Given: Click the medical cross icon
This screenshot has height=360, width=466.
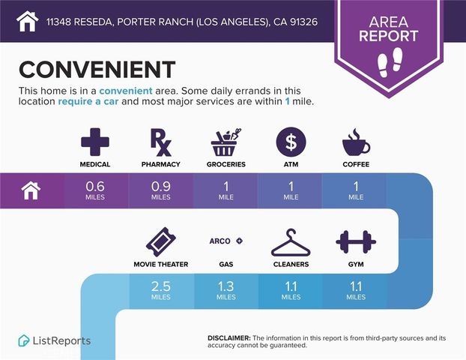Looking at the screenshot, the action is [95, 142].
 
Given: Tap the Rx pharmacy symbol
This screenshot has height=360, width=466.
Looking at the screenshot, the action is [161, 142].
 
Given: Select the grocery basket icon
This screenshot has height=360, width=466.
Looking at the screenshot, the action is [226, 142].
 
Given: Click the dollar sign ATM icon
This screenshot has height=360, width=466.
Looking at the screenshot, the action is [291, 142].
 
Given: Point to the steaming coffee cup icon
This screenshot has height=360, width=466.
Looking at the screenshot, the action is [356, 142].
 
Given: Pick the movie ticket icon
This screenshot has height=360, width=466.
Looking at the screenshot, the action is [161, 242].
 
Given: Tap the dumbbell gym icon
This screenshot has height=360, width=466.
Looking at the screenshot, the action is [356, 242].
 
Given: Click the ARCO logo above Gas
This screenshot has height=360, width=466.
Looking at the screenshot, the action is [226, 241].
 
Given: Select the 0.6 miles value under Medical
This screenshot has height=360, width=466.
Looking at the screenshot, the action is [95, 190].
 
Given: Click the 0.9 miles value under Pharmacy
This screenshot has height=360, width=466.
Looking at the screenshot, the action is [161, 190].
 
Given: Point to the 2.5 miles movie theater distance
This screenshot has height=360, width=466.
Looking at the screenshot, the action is [161, 290].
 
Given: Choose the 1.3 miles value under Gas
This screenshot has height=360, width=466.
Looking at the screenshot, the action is [226, 290].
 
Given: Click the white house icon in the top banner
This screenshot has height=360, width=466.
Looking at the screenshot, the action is [27, 21].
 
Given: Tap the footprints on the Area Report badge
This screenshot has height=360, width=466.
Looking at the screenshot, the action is [390, 62].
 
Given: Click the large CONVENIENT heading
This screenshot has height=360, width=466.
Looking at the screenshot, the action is [97, 69].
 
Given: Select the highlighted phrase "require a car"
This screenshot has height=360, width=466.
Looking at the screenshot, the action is [88, 101].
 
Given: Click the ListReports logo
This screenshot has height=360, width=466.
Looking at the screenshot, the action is [55, 340].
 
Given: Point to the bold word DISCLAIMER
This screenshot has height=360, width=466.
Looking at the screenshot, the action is [229, 338].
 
